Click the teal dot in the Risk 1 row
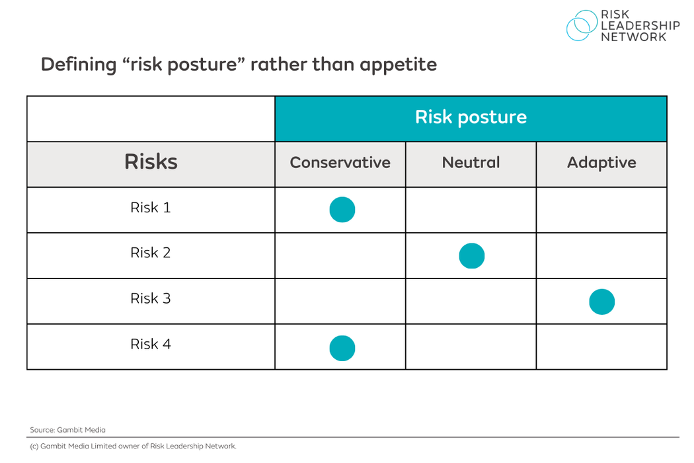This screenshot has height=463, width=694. coord(342,210)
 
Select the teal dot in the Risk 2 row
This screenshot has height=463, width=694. coord(471,255)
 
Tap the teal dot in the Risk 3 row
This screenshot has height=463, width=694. coord(601,302)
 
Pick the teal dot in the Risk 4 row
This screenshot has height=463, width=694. coord(342,348)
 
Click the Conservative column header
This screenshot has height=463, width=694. coord(340,163)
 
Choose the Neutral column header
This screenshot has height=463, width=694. coord(471,163)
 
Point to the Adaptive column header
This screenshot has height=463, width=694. coord(601,163)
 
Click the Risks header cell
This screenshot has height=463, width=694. coord(151,163)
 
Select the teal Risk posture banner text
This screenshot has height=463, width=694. coord(471,117)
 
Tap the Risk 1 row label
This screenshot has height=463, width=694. coord(151,208)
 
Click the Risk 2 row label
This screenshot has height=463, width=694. coord(151,253)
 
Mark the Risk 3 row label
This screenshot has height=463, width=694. coord(151,298)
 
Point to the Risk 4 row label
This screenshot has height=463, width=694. coord(151,344)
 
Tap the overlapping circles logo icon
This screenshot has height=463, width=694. coord(581,25)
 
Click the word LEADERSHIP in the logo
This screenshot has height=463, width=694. coord(640,26)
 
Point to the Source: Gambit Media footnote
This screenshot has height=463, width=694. coord(67,430)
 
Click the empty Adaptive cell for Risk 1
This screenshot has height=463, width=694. coord(601,210)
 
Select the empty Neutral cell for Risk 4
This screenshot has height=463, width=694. coord(471,347)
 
